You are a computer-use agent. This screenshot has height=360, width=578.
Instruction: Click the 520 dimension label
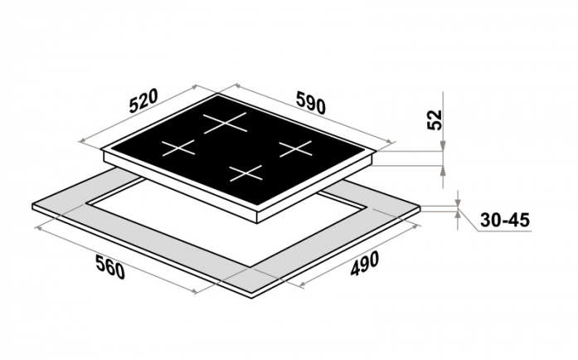[143, 100]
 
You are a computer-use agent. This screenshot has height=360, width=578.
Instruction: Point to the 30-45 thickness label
[505, 220]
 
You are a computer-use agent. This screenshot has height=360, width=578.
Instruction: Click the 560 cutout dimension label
[109, 266]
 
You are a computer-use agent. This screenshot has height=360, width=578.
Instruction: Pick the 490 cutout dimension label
[364, 264]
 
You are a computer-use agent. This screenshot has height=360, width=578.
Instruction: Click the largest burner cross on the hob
[225, 123]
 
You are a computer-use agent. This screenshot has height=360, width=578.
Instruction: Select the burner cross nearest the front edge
[245, 173]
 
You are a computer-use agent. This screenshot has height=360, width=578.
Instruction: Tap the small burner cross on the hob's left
[178, 147]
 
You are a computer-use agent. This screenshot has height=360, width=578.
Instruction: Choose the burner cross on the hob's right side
[295, 148]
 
